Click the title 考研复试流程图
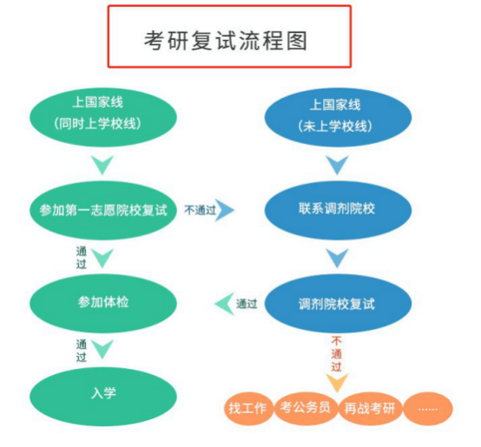226,41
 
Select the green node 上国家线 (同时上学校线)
103,117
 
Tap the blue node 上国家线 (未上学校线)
338,117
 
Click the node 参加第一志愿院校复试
103,210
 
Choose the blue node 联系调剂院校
338,210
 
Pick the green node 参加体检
103,303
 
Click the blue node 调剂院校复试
338,303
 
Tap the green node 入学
103,396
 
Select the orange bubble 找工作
248,408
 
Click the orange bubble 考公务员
306,408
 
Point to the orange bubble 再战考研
370,408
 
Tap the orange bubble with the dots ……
428,408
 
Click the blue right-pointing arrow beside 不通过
226,210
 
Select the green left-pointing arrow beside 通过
224,304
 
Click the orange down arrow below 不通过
337,383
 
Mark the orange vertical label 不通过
337,354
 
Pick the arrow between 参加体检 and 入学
102,349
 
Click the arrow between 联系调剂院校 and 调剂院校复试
337,258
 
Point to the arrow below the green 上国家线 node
102,165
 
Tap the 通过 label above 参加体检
82,258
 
